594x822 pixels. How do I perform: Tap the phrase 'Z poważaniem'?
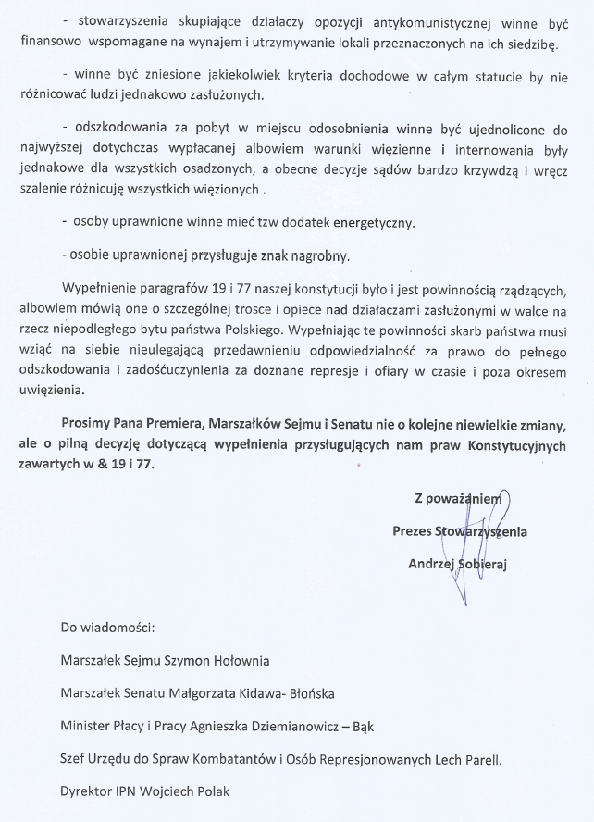coord(457,499)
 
